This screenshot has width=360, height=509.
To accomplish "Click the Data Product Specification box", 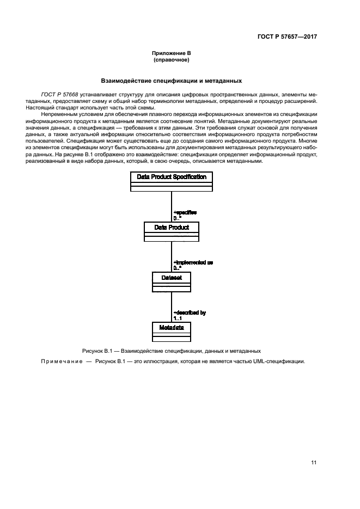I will coord(172,181).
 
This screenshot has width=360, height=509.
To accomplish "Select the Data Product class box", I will coord(172,231).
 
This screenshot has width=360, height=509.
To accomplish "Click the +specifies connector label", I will coord(185,212).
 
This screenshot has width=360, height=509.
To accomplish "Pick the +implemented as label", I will coord(193,262).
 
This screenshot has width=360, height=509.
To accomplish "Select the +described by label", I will coord(190,313).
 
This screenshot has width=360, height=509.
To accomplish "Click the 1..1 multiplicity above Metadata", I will coord(179,318).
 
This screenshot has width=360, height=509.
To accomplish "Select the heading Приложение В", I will coord(172,53).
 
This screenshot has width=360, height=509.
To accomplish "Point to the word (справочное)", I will coord(172,60).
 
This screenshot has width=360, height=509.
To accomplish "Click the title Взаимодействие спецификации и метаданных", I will coord(172,81).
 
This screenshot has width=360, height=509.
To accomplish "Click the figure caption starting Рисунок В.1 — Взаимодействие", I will coord(172,351).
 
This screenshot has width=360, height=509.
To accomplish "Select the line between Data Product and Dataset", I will coord(172,256).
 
